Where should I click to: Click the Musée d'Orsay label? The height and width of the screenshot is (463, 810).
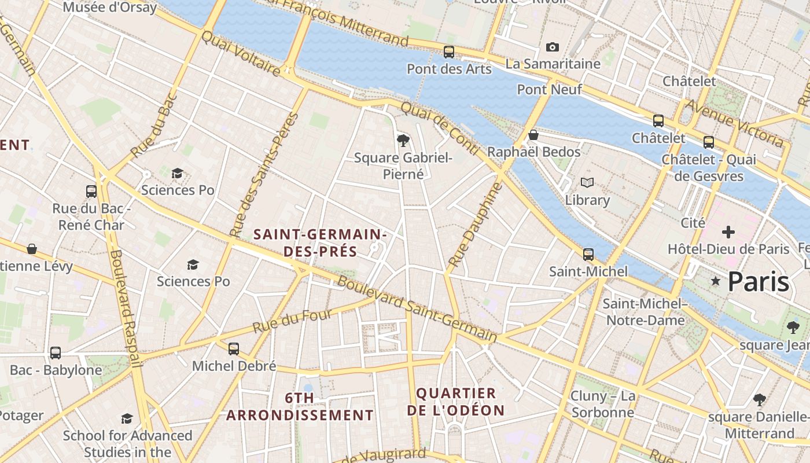109,8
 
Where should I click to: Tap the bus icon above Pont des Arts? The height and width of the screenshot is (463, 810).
449,52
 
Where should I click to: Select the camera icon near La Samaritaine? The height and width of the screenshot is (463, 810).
553,47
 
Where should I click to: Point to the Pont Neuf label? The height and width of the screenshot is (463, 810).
549,89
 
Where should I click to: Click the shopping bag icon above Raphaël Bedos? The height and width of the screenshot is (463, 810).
533,135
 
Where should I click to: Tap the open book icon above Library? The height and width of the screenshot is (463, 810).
587,183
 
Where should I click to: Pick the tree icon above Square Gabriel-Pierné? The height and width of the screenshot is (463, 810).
403,139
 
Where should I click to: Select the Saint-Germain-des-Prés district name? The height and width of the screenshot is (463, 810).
320,243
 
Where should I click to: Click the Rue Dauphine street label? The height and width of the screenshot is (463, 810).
473,226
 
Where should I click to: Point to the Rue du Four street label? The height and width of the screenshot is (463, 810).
292,321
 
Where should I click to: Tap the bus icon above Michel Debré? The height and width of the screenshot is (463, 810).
234,349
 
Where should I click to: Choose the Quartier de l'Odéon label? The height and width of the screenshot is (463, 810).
456,402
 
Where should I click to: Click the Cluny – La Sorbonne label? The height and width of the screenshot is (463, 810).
602,404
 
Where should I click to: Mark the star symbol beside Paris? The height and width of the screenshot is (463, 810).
716,281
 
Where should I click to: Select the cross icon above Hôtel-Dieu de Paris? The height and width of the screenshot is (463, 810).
728,232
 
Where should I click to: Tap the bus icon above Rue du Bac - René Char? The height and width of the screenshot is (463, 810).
91,192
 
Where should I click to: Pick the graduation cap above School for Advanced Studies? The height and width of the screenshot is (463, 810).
127,418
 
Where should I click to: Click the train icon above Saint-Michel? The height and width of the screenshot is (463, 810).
588,254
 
